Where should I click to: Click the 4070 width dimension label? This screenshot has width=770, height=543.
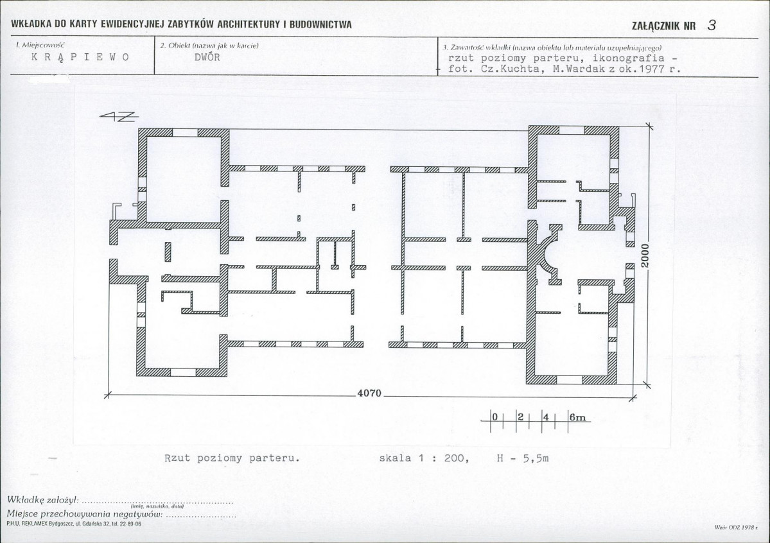coord(369,393)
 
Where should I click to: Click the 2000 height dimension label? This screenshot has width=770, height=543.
coord(645,256)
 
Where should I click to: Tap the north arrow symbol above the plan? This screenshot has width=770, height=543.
coord(119,116)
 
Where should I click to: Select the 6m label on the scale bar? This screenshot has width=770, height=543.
coord(578,417)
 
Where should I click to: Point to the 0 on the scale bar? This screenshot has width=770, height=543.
coord(494,417)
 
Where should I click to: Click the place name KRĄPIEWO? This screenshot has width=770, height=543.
coord(80,57)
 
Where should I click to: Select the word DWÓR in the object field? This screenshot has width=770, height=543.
coord(207,57)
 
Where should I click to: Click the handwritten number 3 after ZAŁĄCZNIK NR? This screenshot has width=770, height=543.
coord(712,26)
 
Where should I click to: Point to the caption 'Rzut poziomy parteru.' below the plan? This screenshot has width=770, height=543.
coord(232,458)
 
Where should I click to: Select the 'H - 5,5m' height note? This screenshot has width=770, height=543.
coord(523,458)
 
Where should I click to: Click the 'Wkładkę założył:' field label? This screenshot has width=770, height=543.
coord(43,500)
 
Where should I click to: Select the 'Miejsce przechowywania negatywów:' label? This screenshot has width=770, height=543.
coord(85,514)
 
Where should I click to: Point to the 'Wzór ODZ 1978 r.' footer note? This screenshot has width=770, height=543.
coord(736,528)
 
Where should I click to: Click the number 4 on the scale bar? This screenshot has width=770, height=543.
coord(546,417)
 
